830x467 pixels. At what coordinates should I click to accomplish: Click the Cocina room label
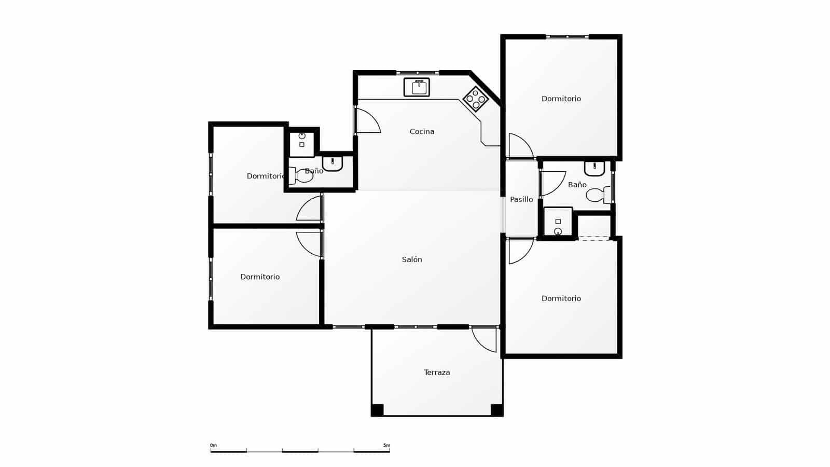[x=422, y=132]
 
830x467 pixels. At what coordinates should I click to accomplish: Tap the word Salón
[x=412, y=259]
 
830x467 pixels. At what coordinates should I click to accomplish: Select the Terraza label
[x=437, y=373]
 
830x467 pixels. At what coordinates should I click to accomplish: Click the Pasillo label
[x=521, y=199]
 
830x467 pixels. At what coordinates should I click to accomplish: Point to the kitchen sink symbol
[x=417, y=87]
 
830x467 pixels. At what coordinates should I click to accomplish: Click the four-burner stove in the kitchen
[x=476, y=99]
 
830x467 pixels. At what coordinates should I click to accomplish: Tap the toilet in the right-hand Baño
[x=598, y=195]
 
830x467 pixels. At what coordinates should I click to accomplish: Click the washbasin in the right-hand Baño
[x=594, y=168]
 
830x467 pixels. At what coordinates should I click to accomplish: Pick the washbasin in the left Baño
[x=333, y=163]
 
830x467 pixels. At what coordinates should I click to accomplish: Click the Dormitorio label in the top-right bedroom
[x=561, y=99]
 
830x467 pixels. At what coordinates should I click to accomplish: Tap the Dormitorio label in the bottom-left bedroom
[x=260, y=277]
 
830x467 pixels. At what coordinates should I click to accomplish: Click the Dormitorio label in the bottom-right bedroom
[x=561, y=298]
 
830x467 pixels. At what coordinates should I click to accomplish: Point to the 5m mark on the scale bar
[x=387, y=445]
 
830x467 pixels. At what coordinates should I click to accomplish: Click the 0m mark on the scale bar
[x=213, y=445]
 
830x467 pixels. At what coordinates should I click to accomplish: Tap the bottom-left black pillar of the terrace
[x=377, y=410]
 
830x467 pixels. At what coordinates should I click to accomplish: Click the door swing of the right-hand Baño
[x=551, y=183]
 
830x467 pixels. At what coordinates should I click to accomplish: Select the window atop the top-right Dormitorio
[x=568, y=37]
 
